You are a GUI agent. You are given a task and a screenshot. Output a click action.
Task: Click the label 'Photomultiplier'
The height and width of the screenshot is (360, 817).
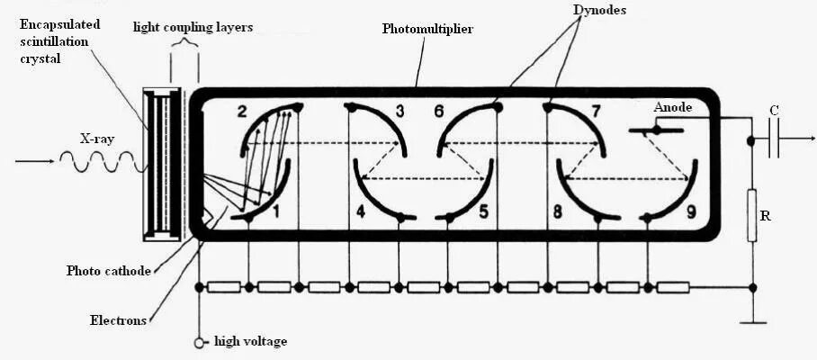pos(427,30)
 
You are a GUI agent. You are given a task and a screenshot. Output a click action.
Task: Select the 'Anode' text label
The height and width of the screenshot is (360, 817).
pos(672,107)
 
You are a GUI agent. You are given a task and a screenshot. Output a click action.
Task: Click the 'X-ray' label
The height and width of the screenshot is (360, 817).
pos(96,139)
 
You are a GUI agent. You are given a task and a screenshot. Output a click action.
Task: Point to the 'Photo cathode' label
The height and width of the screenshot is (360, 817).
pos(109,270)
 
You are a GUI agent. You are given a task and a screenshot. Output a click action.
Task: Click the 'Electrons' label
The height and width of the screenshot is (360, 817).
pos(118,319)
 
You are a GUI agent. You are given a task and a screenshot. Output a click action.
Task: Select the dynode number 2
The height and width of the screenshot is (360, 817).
pos(241,112)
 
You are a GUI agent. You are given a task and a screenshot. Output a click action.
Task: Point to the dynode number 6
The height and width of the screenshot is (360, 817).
pos(439,112)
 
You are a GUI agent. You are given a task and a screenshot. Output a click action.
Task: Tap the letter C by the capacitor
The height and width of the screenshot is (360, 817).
pos(774,111)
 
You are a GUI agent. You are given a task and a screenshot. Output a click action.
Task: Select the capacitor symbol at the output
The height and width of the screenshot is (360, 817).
pos(774,139)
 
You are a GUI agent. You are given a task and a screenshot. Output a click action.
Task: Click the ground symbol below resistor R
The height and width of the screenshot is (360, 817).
pos(752,321)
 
